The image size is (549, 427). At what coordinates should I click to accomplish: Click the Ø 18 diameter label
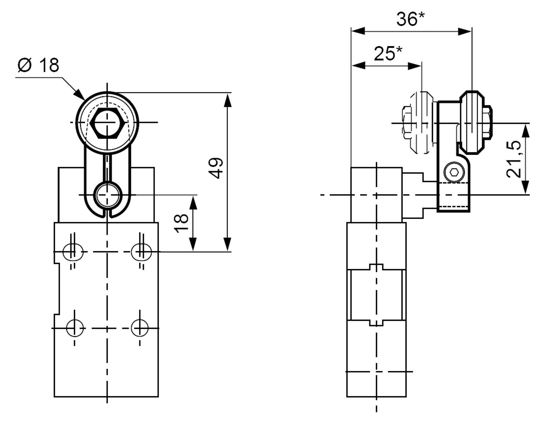pos(38,65)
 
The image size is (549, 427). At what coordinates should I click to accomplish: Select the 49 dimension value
pos(217,168)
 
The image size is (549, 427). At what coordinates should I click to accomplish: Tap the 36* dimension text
pos(411,19)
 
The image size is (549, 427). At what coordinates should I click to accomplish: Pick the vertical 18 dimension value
pos(182,223)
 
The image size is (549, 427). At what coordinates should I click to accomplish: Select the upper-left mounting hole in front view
pos(72,252)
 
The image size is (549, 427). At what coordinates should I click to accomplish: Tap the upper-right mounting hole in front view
pos(142,252)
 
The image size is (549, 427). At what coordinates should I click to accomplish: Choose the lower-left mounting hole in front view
pos(75,328)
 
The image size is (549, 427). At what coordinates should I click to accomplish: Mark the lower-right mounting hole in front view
pos(139,328)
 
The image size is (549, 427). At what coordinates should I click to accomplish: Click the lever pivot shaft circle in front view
pos(107,195)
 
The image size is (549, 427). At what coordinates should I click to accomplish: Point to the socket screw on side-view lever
pos(454,172)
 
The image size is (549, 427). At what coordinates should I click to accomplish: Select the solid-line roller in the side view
pos(472,122)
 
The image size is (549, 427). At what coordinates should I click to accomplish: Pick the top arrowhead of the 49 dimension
pos(228,100)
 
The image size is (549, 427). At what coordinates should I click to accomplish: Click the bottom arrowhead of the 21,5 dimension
pos(525,187)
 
